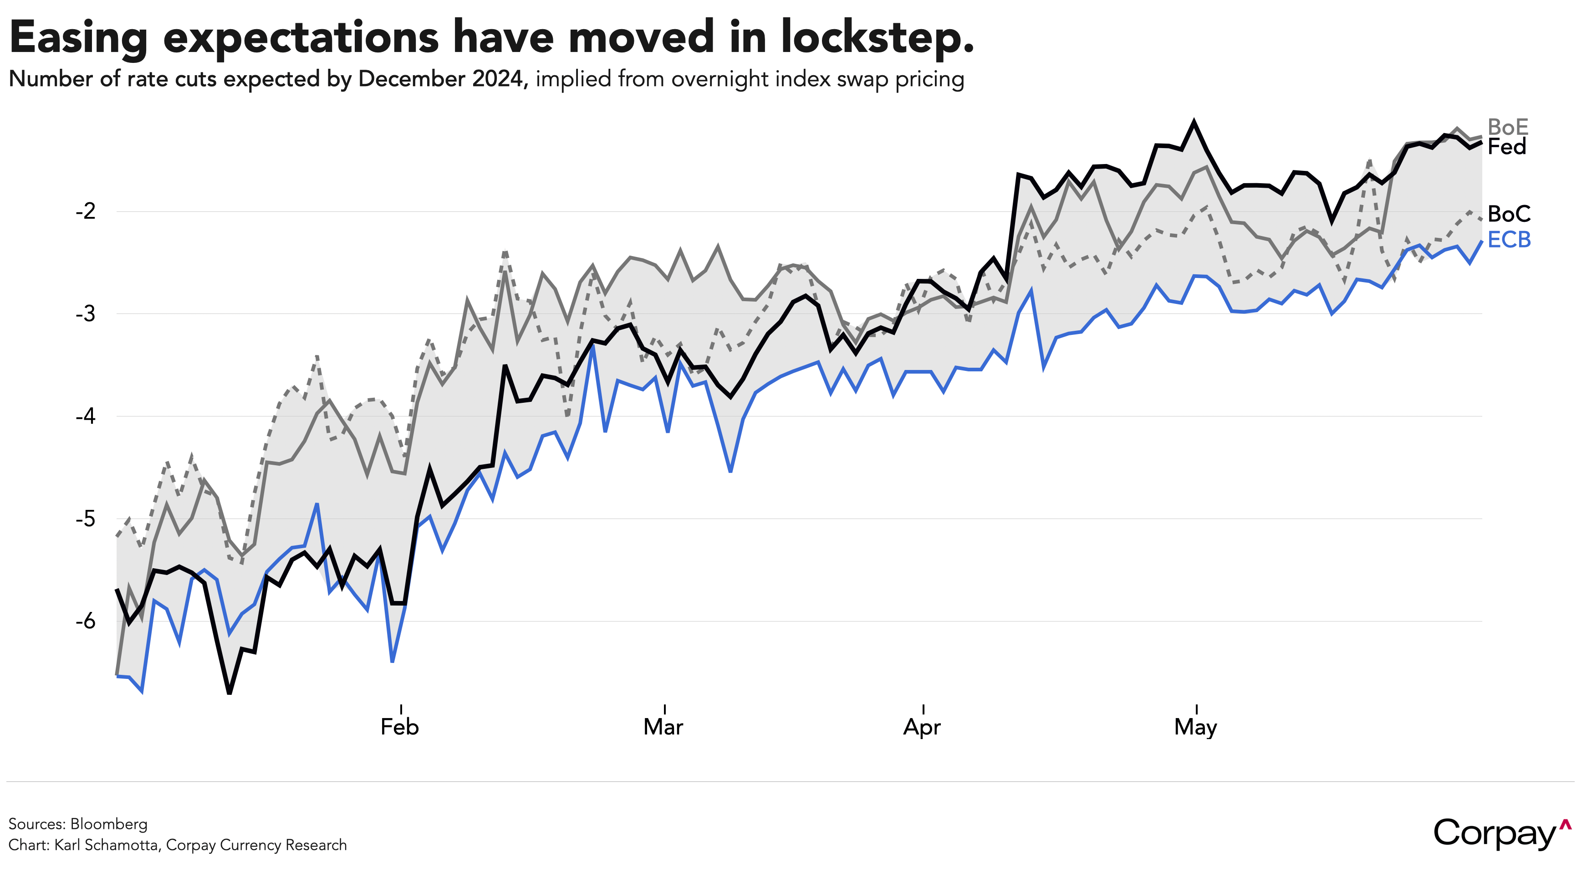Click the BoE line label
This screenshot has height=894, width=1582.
(x=1508, y=127)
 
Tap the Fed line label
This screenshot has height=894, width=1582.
(x=1506, y=147)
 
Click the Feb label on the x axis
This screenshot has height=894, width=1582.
(x=400, y=727)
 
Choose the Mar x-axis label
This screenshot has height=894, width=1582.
(x=663, y=727)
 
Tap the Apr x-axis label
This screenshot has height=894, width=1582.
(x=922, y=727)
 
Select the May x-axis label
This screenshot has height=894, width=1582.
(x=1195, y=727)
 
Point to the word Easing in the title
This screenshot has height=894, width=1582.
(x=79, y=38)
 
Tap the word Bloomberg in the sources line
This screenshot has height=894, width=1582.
(x=109, y=824)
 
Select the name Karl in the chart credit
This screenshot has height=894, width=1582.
(x=69, y=845)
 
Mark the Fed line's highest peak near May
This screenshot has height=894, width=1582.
(x=1194, y=122)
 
